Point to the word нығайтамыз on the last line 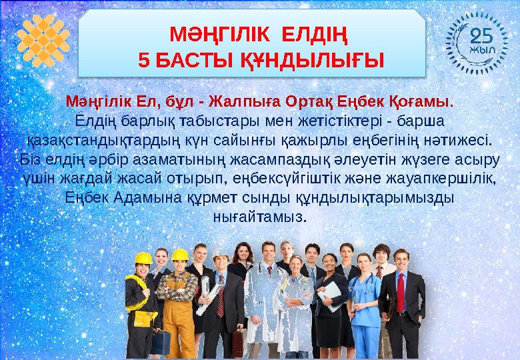pos(260,217)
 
